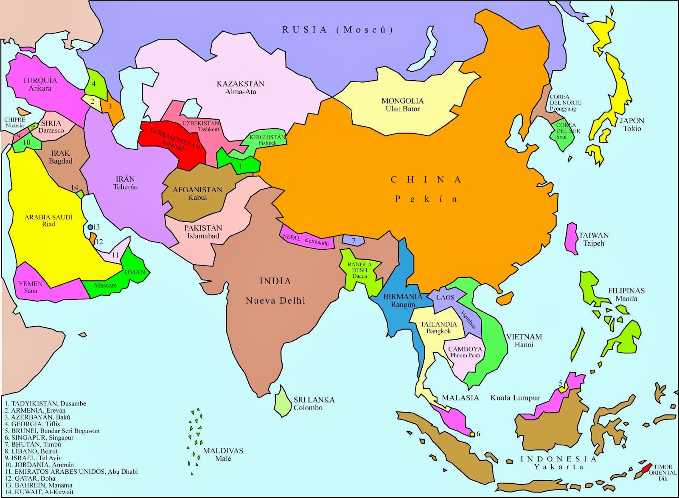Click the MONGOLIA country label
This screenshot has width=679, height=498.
click(x=402, y=101)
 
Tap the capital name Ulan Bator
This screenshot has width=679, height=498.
click(x=402, y=109)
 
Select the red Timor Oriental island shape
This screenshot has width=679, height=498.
click(x=645, y=467)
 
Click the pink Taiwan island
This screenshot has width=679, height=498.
click(x=572, y=238)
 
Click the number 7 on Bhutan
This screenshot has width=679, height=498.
click(x=354, y=241)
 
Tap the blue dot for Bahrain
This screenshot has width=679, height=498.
click(x=90, y=227)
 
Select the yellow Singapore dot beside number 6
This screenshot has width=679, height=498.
click(x=471, y=434)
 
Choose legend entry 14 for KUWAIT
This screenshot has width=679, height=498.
click(x=39, y=492)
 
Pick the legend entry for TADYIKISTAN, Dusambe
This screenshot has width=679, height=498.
click(x=45, y=403)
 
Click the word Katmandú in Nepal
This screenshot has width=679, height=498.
click(x=317, y=242)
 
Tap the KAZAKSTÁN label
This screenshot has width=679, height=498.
click(x=240, y=84)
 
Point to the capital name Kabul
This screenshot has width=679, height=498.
click(x=197, y=197)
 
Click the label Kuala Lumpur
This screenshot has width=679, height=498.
click(x=515, y=398)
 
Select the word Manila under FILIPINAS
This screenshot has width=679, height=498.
click(x=626, y=298)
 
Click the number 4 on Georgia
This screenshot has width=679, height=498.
click(x=94, y=84)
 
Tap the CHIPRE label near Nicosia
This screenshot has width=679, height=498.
click(x=15, y=120)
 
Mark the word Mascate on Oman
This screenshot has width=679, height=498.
click(x=105, y=285)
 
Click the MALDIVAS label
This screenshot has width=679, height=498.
click(x=223, y=450)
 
